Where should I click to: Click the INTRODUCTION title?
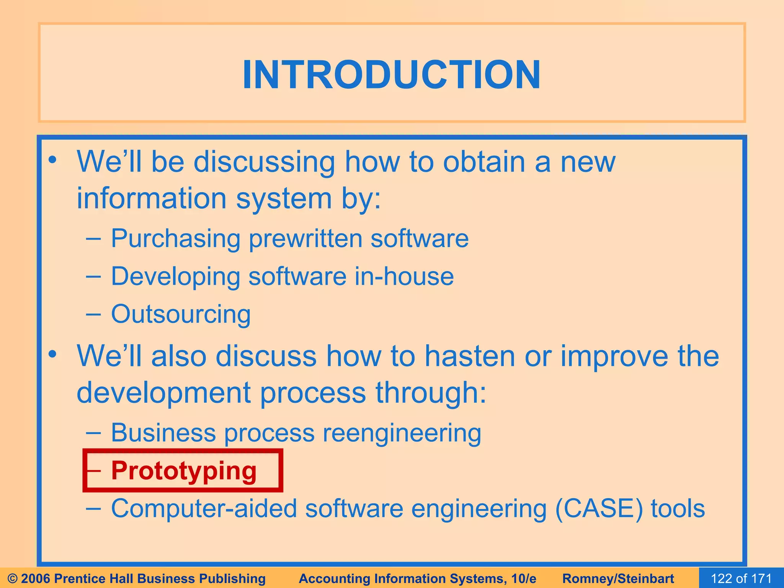(392, 75)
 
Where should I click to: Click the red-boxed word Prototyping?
(184, 470)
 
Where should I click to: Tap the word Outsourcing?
(181, 314)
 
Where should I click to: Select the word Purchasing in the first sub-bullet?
(175, 238)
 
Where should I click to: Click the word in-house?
(404, 276)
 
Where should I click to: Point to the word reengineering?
(402, 433)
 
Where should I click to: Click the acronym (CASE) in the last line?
(599, 509)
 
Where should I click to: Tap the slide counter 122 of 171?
(741, 578)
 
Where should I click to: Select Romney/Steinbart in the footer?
(618, 578)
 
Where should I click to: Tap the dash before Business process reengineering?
(93, 433)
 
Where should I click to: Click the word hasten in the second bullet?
(470, 356)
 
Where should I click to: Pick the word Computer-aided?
(204, 509)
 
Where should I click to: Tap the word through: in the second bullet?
(431, 393)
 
